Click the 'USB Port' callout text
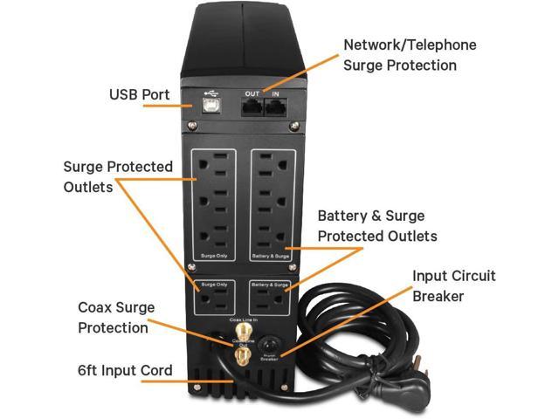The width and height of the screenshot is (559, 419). click(138, 94)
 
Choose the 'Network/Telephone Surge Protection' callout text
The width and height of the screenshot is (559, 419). click(410, 54)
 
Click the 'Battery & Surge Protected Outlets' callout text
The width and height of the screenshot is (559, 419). click(377, 225)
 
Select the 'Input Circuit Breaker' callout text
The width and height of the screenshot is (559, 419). click(454, 285)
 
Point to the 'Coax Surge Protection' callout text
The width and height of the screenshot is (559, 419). click(113, 318)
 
